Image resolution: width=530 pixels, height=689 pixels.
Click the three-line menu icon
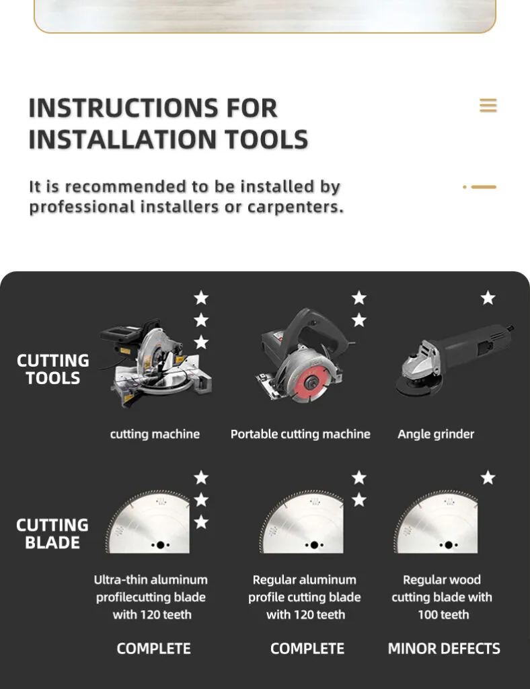pyautogui.click(x=488, y=106)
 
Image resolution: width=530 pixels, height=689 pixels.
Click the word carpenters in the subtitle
pyautogui.click(x=295, y=207)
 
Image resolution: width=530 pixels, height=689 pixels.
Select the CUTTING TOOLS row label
pyautogui.click(x=52, y=369)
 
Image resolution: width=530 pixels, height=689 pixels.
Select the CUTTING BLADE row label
pyautogui.click(x=52, y=534)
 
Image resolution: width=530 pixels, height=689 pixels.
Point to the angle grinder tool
pyautogui.click(x=455, y=360)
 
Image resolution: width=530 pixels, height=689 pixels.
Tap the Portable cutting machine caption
pyautogui.click(x=301, y=434)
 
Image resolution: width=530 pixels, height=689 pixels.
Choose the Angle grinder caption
pyautogui.click(x=436, y=434)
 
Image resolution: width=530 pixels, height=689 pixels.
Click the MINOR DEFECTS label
pyautogui.click(x=444, y=649)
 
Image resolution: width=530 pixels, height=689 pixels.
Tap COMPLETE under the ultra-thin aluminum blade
pyautogui.click(x=154, y=649)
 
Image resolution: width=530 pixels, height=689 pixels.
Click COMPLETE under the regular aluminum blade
pyautogui.click(x=307, y=649)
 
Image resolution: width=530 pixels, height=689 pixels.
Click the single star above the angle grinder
pyautogui.click(x=488, y=298)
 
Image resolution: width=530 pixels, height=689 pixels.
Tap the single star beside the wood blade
pyautogui.click(x=488, y=478)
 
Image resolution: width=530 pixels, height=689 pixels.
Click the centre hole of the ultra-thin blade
pyautogui.click(x=160, y=545)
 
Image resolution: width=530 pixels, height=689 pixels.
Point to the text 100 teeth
pyautogui.click(x=443, y=614)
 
